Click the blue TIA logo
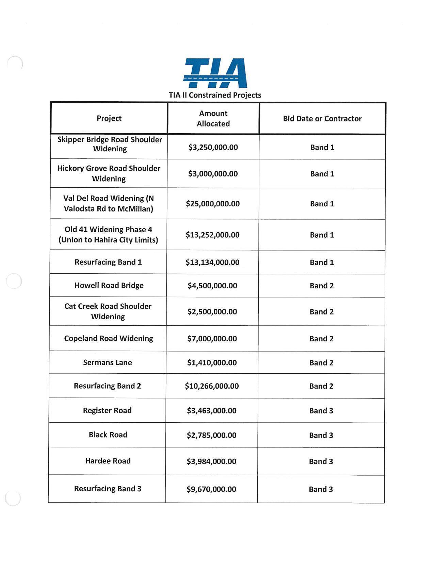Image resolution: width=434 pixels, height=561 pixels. [215, 73]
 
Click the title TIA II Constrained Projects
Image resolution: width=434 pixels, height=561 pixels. [215, 95]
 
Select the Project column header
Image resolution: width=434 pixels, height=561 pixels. [109, 118]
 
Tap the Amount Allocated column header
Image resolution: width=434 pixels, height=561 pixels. [213, 118]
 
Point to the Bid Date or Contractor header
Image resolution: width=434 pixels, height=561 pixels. [322, 119]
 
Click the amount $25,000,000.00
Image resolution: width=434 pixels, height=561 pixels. [212, 204]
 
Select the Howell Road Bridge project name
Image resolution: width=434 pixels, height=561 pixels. [109, 286]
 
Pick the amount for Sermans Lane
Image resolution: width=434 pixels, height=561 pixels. [212, 363]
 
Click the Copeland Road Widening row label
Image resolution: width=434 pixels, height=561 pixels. [109, 339]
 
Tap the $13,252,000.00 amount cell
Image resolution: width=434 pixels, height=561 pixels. [212, 235]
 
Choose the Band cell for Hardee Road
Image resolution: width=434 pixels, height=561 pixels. [321, 461]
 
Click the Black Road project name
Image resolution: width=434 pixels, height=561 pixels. [108, 435]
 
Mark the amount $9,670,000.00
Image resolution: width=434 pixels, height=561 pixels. [211, 489]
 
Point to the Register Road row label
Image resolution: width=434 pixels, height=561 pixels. [107, 411]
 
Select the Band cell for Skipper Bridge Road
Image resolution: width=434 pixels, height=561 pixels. [322, 147]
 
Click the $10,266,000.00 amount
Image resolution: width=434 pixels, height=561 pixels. [212, 386]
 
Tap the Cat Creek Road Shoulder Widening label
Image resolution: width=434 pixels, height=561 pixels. [108, 311]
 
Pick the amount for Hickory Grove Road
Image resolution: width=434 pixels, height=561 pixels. [213, 174]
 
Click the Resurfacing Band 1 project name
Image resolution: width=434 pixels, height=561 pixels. [108, 262]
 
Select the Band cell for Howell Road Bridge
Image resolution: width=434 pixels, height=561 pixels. [321, 286]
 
